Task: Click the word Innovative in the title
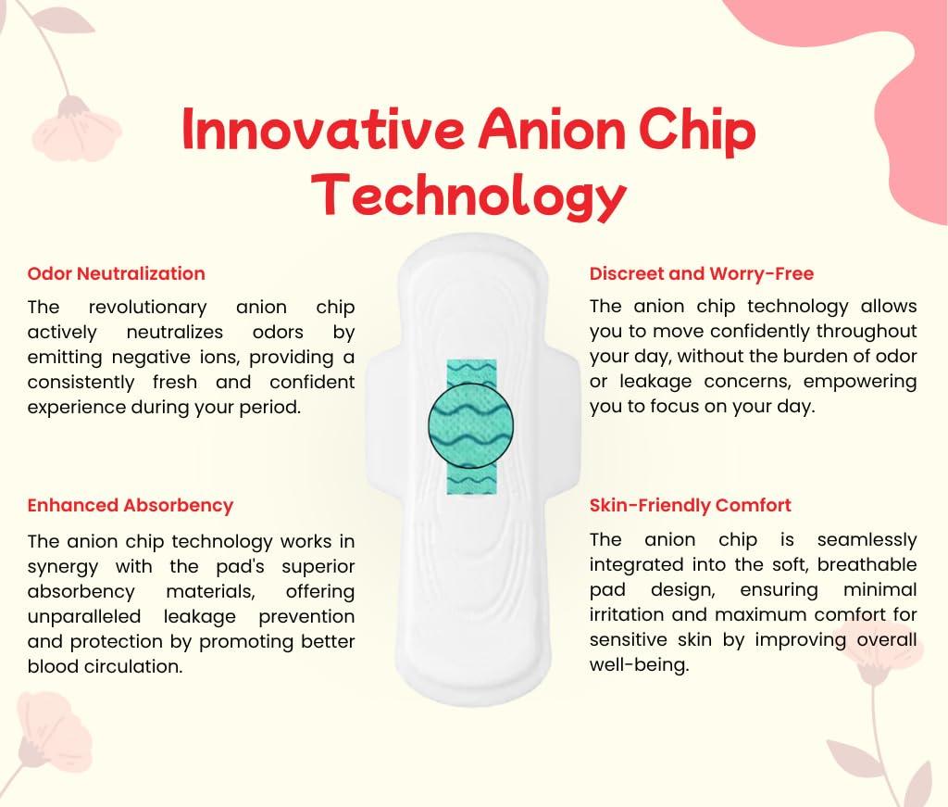pyautogui.click(x=323, y=130)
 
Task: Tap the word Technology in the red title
pyautogui.click(x=468, y=195)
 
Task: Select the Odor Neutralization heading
pyautogui.click(x=116, y=273)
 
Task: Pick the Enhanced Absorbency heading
pyautogui.click(x=130, y=506)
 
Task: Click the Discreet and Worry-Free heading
pyautogui.click(x=702, y=273)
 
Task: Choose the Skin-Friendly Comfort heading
pyautogui.click(x=690, y=506)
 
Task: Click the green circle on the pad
pyautogui.click(x=471, y=425)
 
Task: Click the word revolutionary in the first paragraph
pyautogui.click(x=147, y=308)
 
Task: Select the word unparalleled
pyautogui.click(x=84, y=616)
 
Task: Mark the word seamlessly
pyautogui.click(x=867, y=539)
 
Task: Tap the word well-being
pyautogui.click(x=639, y=665)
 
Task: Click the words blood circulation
pyautogui.click(x=105, y=667)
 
